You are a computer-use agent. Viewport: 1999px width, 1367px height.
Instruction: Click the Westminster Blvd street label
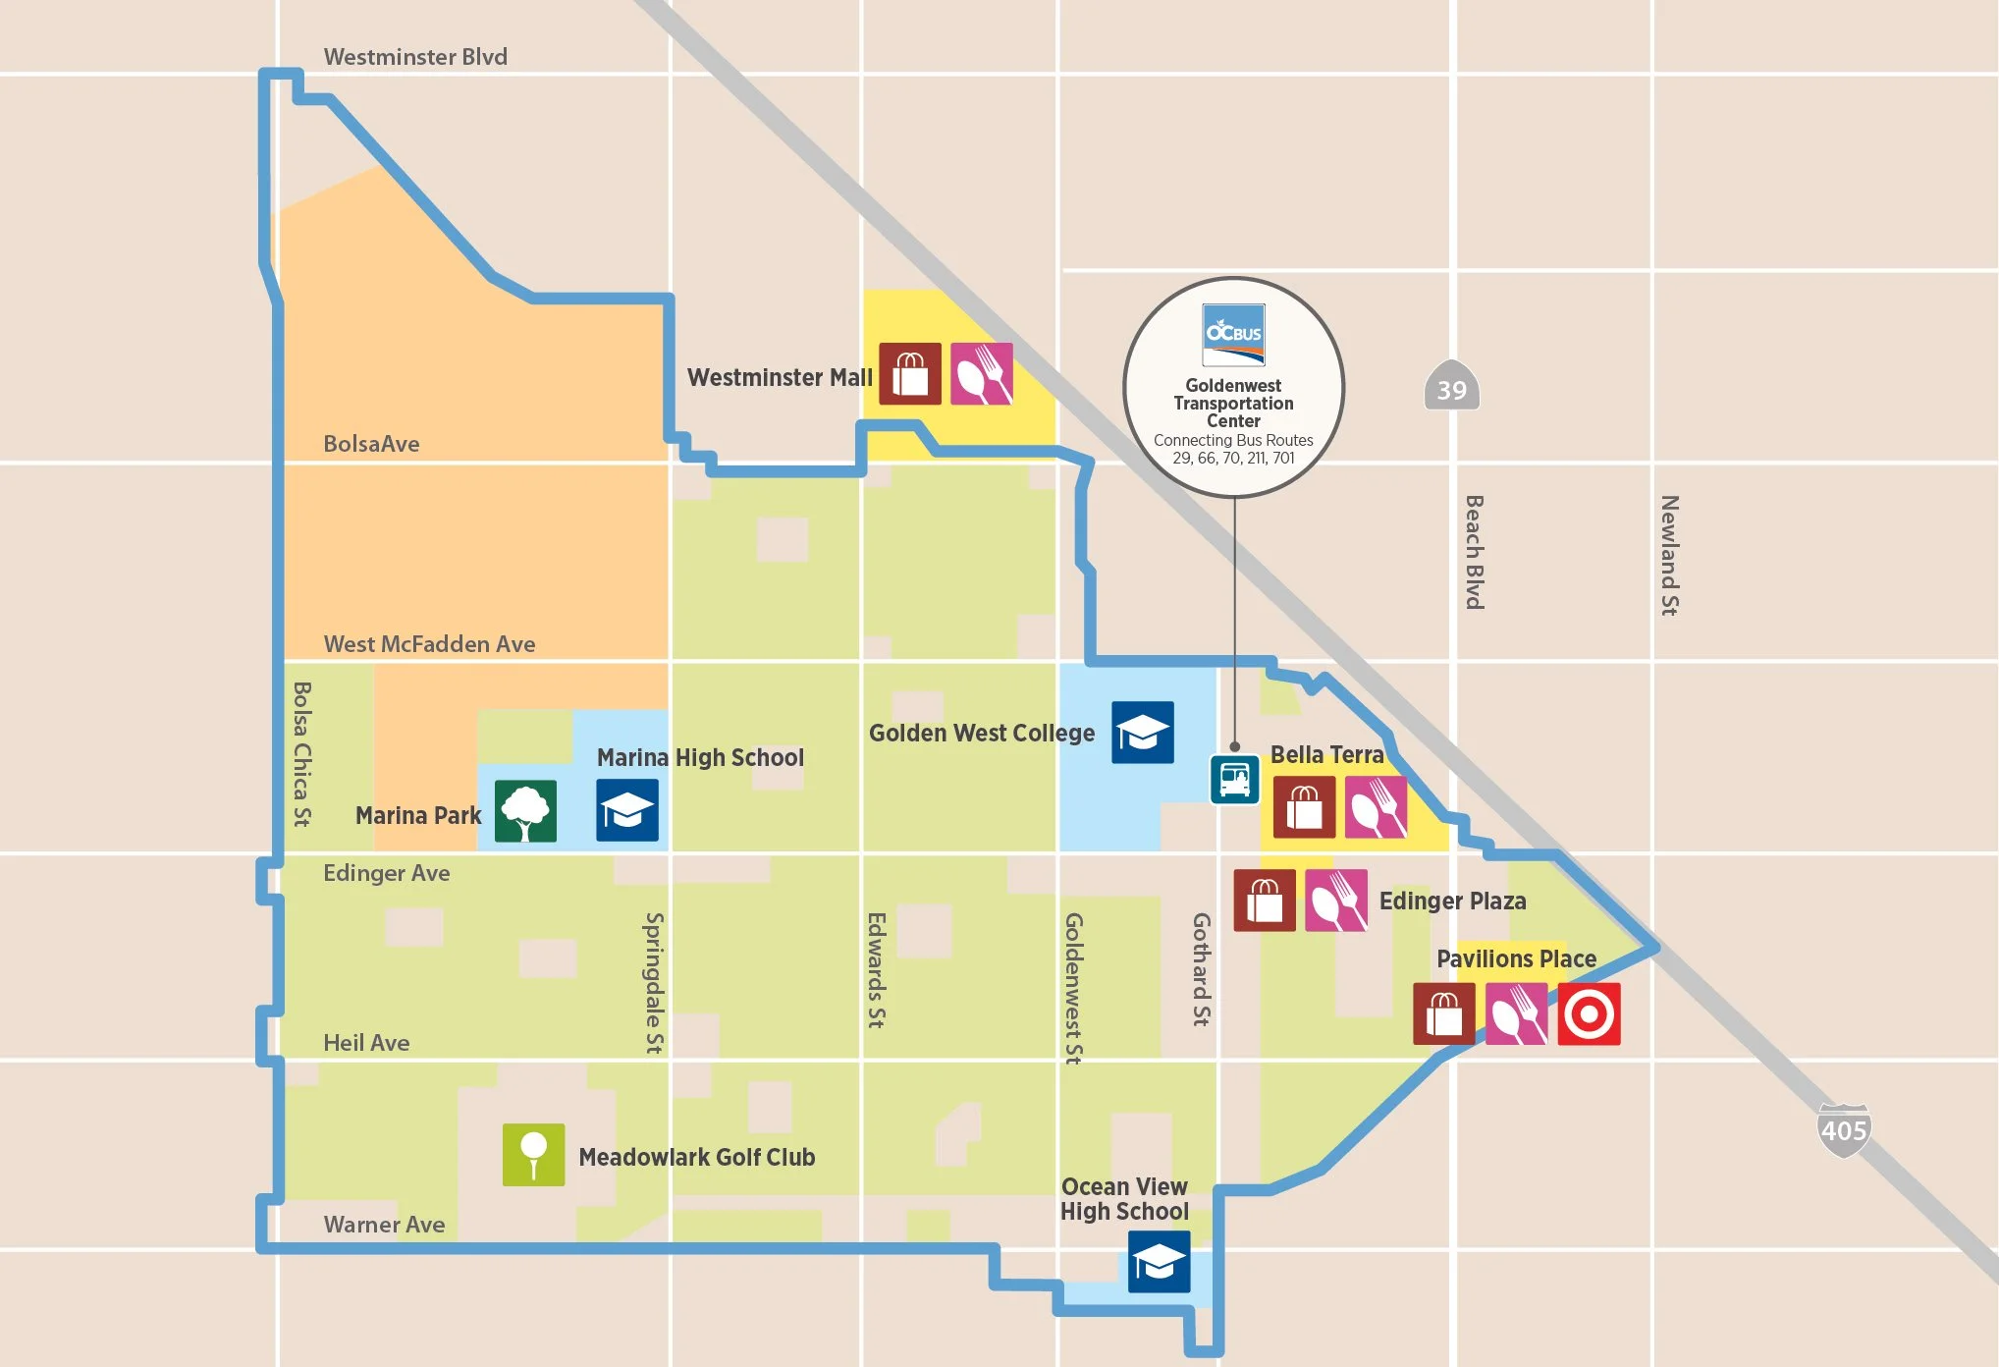click(x=415, y=57)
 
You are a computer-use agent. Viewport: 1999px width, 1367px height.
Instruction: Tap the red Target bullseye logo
click(x=1589, y=1014)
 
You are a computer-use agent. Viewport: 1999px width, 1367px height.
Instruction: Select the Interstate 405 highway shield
click(x=1843, y=1130)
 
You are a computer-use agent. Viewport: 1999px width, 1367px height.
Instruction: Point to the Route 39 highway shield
click(x=1451, y=390)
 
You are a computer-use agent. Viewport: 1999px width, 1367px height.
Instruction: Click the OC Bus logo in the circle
click(x=1233, y=334)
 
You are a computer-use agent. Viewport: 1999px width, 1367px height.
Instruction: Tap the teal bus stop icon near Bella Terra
click(x=1234, y=780)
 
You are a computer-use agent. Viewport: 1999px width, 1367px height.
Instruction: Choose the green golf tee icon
click(x=533, y=1155)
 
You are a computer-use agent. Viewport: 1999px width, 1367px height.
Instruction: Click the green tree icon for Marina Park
click(x=525, y=811)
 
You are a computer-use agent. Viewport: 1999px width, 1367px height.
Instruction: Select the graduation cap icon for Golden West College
click(x=1142, y=733)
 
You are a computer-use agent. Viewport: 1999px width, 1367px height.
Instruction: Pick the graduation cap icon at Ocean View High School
click(x=1159, y=1262)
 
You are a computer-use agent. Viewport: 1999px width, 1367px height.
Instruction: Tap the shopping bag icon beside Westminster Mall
click(x=909, y=374)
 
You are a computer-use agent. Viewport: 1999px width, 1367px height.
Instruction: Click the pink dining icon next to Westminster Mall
click(x=981, y=374)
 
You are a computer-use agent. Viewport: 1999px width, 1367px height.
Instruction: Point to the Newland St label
click(x=1669, y=556)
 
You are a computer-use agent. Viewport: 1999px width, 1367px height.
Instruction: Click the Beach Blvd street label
click(x=1474, y=552)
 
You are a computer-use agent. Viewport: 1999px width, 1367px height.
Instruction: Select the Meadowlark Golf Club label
click(x=696, y=1157)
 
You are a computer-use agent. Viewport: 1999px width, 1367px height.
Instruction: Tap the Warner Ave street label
click(x=384, y=1225)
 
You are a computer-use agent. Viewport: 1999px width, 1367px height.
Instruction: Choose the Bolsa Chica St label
click(x=302, y=754)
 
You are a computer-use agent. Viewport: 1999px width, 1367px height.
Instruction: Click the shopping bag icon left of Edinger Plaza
click(x=1264, y=901)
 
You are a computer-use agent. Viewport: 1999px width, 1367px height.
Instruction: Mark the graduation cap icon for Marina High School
click(x=626, y=811)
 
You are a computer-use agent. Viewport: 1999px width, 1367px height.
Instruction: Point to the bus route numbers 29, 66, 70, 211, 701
click(x=1233, y=459)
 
